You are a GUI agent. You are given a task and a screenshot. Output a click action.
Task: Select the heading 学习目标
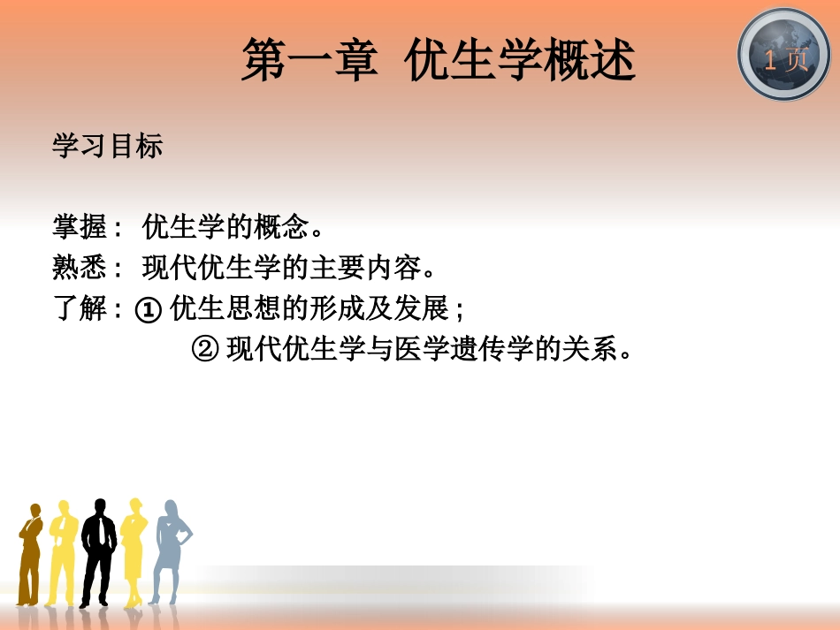[x=107, y=146]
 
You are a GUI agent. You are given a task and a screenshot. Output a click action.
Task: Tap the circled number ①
[x=149, y=310]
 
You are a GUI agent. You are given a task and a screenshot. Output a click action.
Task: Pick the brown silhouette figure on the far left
[x=31, y=552]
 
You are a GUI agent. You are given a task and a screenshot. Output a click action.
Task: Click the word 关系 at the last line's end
[x=592, y=351]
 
